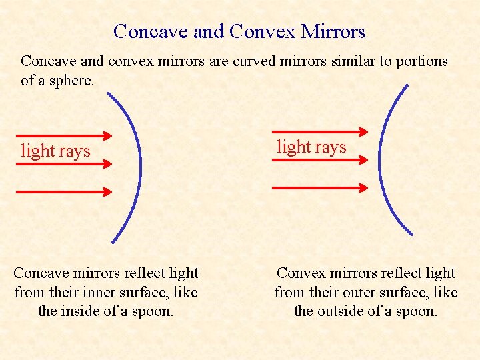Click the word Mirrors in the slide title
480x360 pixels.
click(333, 31)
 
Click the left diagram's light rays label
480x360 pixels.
click(55, 151)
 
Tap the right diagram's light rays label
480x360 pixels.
click(311, 147)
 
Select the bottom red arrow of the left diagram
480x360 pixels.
click(63, 192)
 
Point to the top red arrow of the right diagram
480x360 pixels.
click(320, 131)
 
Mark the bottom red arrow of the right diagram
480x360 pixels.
click(320, 187)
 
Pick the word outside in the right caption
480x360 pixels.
click(340, 311)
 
